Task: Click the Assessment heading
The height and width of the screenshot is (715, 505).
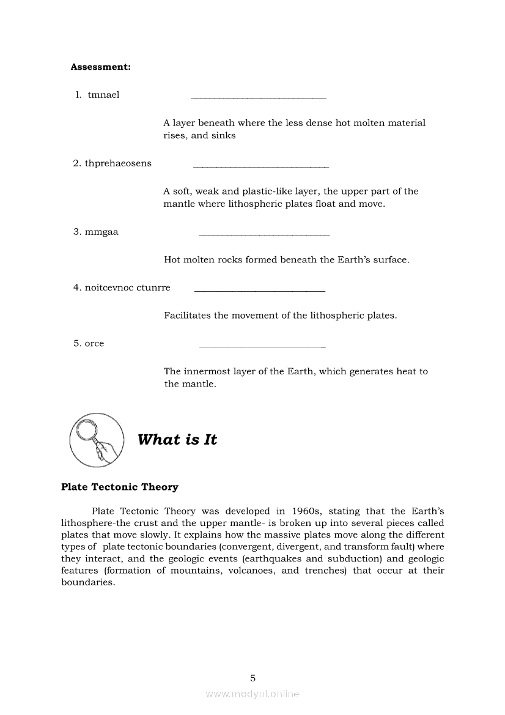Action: [101, 67]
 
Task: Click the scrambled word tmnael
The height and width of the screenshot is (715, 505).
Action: [103, 95]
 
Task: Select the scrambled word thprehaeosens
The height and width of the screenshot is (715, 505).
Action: [118, 163]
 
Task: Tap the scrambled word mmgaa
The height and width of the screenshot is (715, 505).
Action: [101, 232]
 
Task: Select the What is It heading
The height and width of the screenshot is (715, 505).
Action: [177, 440]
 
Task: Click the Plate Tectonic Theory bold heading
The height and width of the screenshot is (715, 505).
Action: [120, 487]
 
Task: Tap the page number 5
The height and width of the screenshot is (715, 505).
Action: [253, 678]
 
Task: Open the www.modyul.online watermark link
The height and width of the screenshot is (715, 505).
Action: [253, 694]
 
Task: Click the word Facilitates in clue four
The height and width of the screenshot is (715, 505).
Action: [187, 316]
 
